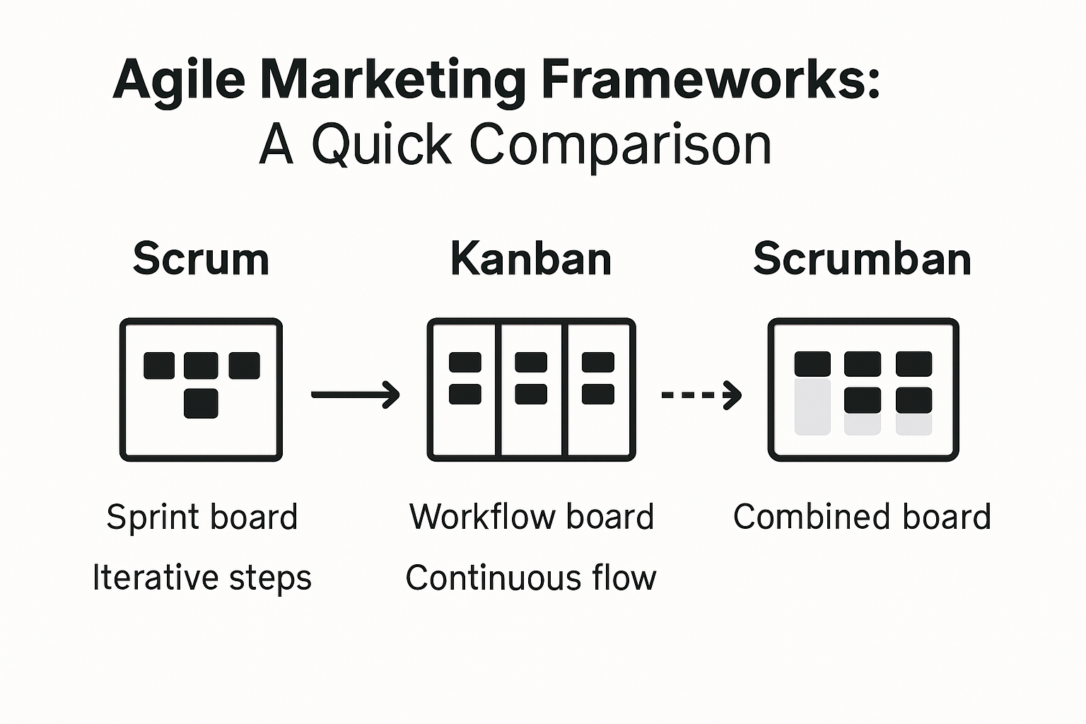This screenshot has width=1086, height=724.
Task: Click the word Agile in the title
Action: click(x=179, y=80)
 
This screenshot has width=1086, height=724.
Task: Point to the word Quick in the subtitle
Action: click(x=381, y=145)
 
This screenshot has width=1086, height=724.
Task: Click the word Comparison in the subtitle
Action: click(x=620, y=145)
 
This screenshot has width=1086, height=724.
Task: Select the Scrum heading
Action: click(x=201, y=259)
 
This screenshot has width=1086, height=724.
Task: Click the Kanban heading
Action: click(x=531, y=259)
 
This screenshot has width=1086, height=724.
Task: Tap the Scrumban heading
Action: click(x=862, y=259)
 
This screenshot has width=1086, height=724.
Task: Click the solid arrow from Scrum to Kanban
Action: click(x=356, y=394)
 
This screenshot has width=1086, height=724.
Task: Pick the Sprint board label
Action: click(x=202, y=517)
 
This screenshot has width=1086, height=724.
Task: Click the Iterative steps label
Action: click(x=202, y=578)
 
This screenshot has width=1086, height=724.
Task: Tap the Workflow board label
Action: click(x=532, y=517)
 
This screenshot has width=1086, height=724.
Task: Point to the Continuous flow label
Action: click(x=531, y=578)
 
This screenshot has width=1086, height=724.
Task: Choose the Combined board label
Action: click(x=862, y=517)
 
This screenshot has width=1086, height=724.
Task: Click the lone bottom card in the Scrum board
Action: click(x=201, y=404)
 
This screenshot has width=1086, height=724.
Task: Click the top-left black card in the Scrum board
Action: click(x=159, y=366)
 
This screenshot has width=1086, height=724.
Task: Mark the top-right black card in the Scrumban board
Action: click(x=913, y=364)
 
